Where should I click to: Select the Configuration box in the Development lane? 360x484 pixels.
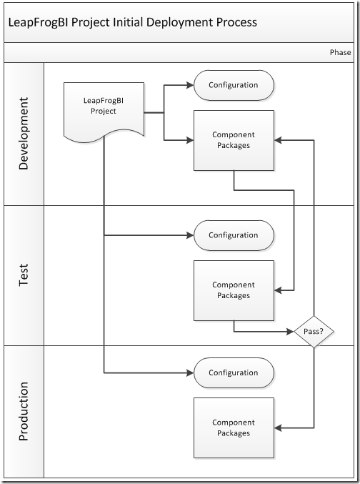(x=234, y=85)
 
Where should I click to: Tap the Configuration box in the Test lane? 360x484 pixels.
(x=234, y=235)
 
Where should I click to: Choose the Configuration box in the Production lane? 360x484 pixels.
(x=234, y=373)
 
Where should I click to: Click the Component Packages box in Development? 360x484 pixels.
(x=234, y=140)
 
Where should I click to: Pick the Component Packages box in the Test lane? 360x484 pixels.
(x=234, y=290)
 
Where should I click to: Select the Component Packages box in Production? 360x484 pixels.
(x=234, y=428)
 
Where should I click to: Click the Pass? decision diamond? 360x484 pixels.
(x=314, y=332)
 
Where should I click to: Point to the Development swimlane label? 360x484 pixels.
(x=24, y=134)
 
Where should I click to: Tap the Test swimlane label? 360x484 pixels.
(x=24, y=275)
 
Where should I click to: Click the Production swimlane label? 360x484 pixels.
(x=24, y=411)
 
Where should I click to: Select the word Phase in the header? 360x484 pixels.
(x=340, y=52)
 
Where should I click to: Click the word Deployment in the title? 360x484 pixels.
(x=179, y=23)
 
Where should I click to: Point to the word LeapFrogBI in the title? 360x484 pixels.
(x=39, y=23)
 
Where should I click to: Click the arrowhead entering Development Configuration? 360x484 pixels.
(x=190, y=85)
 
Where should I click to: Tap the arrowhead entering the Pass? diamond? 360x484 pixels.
(x=290, y=332)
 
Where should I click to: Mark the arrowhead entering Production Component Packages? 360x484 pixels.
(x=278, y=428)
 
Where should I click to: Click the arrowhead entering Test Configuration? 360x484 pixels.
(x=190, y=235)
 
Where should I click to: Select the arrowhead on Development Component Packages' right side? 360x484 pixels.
(x=278, y=140)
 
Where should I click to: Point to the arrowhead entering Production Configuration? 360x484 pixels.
(x=190, y=373)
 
